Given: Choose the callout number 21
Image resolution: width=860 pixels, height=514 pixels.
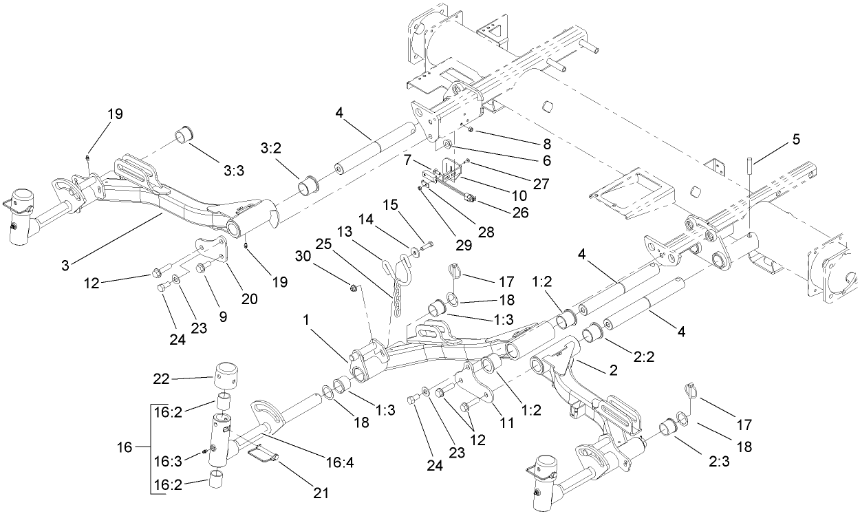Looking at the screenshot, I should pos(320,493).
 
